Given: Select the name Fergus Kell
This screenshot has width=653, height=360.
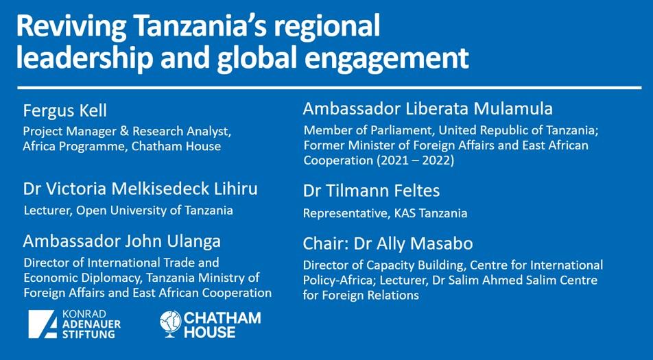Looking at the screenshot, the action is [x=65, y=111].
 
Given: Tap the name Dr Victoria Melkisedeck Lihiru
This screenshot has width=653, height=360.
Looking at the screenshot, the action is [x=141, y=189].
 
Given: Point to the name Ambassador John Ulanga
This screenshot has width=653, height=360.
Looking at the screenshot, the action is [x=122, y=241].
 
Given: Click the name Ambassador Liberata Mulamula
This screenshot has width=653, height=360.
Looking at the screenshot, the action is [x=428, y=108].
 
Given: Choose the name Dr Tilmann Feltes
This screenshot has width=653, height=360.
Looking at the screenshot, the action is [x=372, y=191].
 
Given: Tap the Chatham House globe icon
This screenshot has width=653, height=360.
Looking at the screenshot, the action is [x=170, y=324].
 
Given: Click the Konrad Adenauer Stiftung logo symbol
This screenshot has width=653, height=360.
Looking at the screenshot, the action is [x=42, y=324].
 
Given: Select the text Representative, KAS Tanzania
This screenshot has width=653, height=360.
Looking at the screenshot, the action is [x=385, y=213].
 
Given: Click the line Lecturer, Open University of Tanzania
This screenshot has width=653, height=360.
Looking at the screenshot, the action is [x=128, y=211].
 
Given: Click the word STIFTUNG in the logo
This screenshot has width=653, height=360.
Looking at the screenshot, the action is [x=88, y=333].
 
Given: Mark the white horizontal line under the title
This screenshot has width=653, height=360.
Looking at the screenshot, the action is [x=329, y=88].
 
